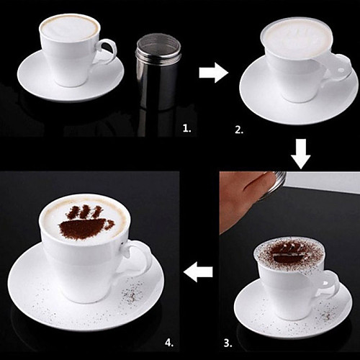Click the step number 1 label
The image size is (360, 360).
[x=186, y=128]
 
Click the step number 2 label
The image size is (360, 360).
[x=239, y=130]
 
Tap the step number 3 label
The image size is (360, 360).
[x=228, y=343]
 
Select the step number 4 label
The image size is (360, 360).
[x=169, y=343]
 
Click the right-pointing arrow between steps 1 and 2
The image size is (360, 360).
[x=213, y=73]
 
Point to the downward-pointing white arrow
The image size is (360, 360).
[x=301, y=153]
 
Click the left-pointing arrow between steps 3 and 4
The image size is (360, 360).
[x=198, y=272]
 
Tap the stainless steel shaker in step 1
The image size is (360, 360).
[x=157, y=71]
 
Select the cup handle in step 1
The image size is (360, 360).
[x=107, y=52]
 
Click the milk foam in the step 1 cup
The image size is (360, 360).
[x=69, y=27]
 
